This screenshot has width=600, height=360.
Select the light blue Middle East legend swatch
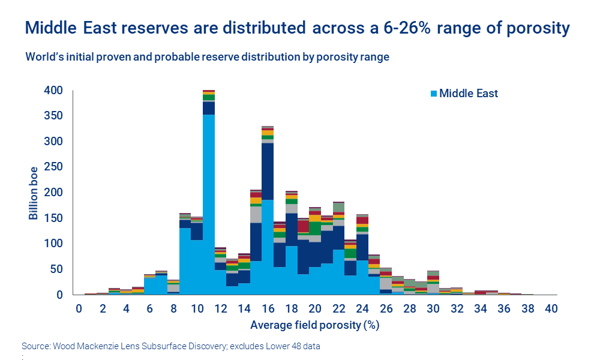pyautogui.click(x=434, y=94)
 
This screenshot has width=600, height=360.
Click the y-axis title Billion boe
pyautogui.click(x=34, y=193)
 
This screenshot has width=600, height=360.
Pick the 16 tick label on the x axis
pyautogui.click(x=267, y=309)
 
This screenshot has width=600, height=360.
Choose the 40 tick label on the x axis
pyautogui.click(x=551, y=309)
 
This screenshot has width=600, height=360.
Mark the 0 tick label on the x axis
pyautogui.click(x=79, y=309)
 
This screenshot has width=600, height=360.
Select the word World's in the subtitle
pyautogui.click(x=44, y=58)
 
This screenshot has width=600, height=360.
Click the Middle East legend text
pyautogui.click(x=469, y=94)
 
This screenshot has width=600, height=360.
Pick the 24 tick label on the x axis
pyautogui.click(x=362, y=309)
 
